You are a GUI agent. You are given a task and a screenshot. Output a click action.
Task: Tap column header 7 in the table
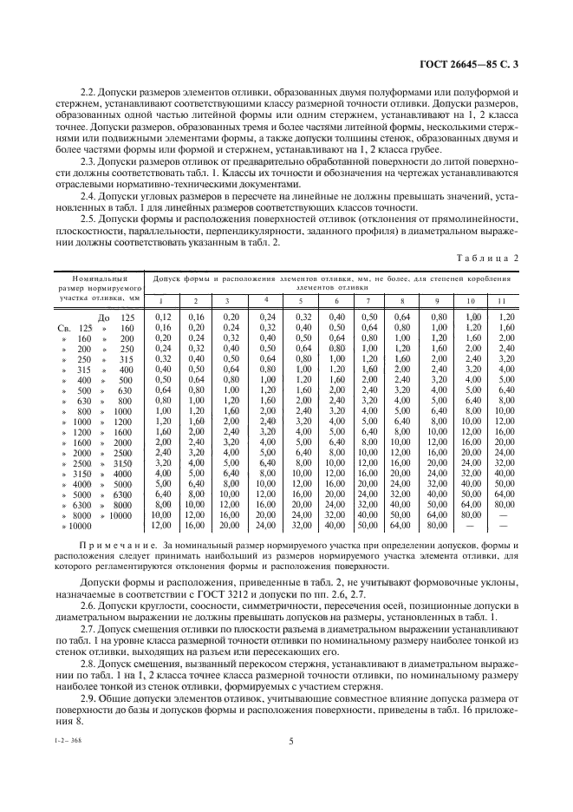368,300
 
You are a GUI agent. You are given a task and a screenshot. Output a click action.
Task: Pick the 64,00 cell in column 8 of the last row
401,526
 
